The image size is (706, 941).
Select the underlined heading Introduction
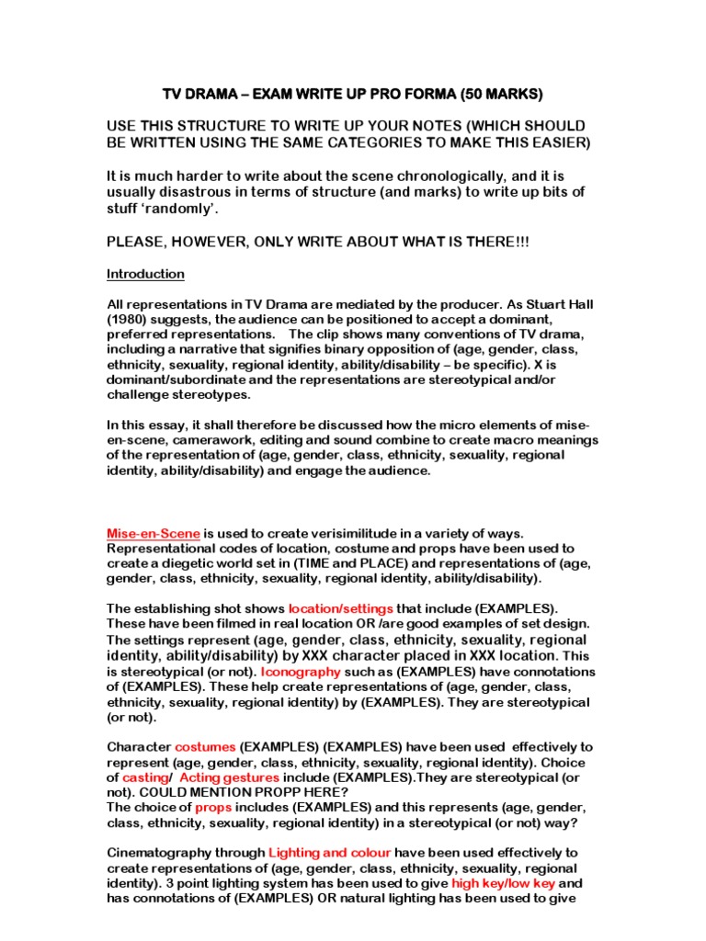pos(145,274)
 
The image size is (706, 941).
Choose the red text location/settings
pos(340,608)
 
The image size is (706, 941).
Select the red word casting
pos(140,777)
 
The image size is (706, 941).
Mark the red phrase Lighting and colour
pos(331,852)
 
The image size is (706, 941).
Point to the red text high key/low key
pos(504,883)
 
